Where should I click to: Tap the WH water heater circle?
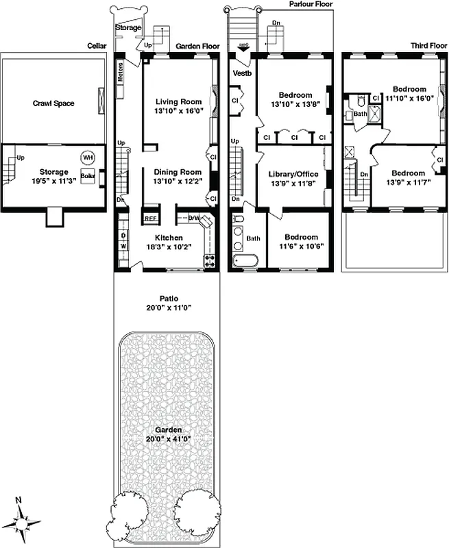(x=87, y=157)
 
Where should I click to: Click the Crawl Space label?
(x=53, y=103)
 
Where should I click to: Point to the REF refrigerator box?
(x=150, y=219)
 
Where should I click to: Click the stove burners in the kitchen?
(x=208, y=260)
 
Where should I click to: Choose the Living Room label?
(x=177, y=101)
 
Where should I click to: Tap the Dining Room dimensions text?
(x=177, y=182)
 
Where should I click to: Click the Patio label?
(x=169, y=299)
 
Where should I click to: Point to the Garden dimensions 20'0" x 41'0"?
(x=169, y=439)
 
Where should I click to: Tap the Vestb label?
(x=241, y=72)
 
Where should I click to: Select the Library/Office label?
(x=295, y=174)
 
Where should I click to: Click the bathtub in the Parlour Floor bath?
(x=245, y=261)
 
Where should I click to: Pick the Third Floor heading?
(x=429, y=46)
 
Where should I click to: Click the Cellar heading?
(x=97, y=46)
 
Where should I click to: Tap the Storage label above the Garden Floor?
(x=128, y=28)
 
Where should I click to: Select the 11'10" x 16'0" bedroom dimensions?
(x=410, y=98)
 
